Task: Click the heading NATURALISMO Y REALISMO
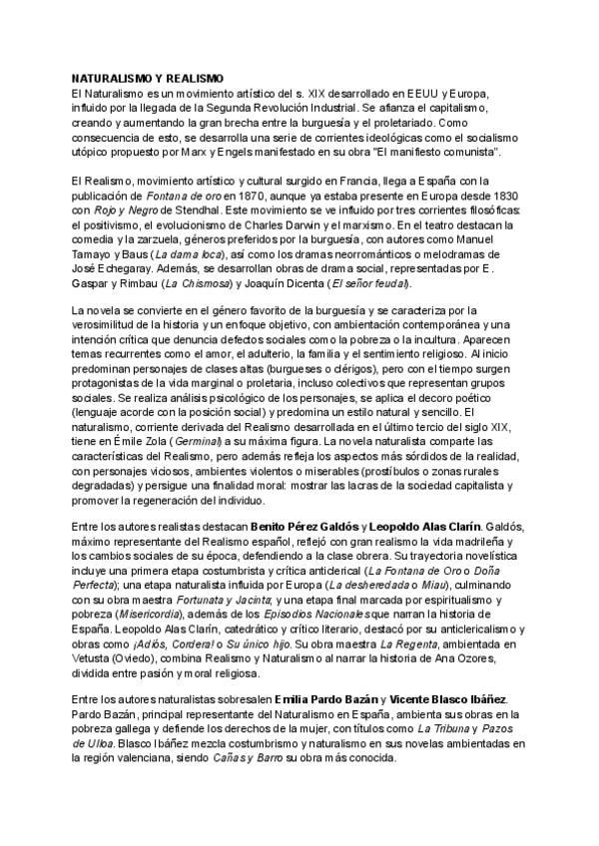pos(148,78)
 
